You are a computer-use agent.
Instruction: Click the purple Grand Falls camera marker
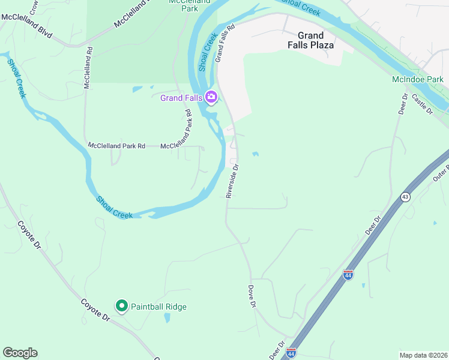[x=211, y=97]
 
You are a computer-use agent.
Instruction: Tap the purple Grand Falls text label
[x=181, y=98]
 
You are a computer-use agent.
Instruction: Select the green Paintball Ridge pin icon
[x=121, y=307]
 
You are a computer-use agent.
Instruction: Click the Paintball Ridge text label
[x=158, y=307]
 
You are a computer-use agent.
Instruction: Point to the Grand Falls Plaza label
[x=310, y=40]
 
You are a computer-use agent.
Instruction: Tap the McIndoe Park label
[x=417, y=79]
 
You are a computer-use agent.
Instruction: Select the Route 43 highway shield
[x=406, y=197]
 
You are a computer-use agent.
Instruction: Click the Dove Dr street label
[x=252, y=296]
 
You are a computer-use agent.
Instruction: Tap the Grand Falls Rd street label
[x=224, y=43]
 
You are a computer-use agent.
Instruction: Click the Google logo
[x=20, y=353]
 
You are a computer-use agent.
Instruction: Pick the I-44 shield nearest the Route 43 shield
[x=348, y=275]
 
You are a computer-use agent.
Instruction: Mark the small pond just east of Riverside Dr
[x=256, y=154]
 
